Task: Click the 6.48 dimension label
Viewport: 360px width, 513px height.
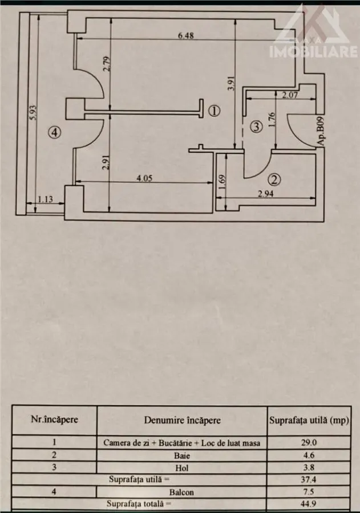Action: coord(186,35)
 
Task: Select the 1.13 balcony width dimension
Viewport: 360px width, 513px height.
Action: coord(45,199)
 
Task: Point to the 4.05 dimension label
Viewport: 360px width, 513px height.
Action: coord(144,178)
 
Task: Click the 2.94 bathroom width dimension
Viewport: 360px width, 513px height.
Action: coord(265,194)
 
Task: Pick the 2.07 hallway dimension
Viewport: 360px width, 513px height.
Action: coord(290,96)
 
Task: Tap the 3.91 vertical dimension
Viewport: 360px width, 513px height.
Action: coord(232,83)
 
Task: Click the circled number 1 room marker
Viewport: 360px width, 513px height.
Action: coord(214,111)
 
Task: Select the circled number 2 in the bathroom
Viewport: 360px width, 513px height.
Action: coord(274,180)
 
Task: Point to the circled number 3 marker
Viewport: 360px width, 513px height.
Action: coord(257,127)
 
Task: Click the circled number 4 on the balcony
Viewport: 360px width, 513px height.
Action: coord(54,132)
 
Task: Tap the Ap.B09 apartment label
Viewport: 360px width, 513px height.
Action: coord(321,131)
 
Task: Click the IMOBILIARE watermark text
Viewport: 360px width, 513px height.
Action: coord(314,52)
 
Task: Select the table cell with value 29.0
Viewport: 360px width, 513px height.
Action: coord(309,442)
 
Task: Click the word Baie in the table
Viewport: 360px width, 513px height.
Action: coord(182,455)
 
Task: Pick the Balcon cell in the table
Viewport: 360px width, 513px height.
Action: coord(181,492)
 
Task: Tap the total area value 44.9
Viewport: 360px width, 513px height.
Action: coord(309,504)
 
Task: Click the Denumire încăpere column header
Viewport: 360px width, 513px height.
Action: coord(182,420)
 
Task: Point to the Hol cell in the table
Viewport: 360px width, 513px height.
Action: coord(182,468)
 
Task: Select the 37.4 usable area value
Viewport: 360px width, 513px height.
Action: coord(309,479)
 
